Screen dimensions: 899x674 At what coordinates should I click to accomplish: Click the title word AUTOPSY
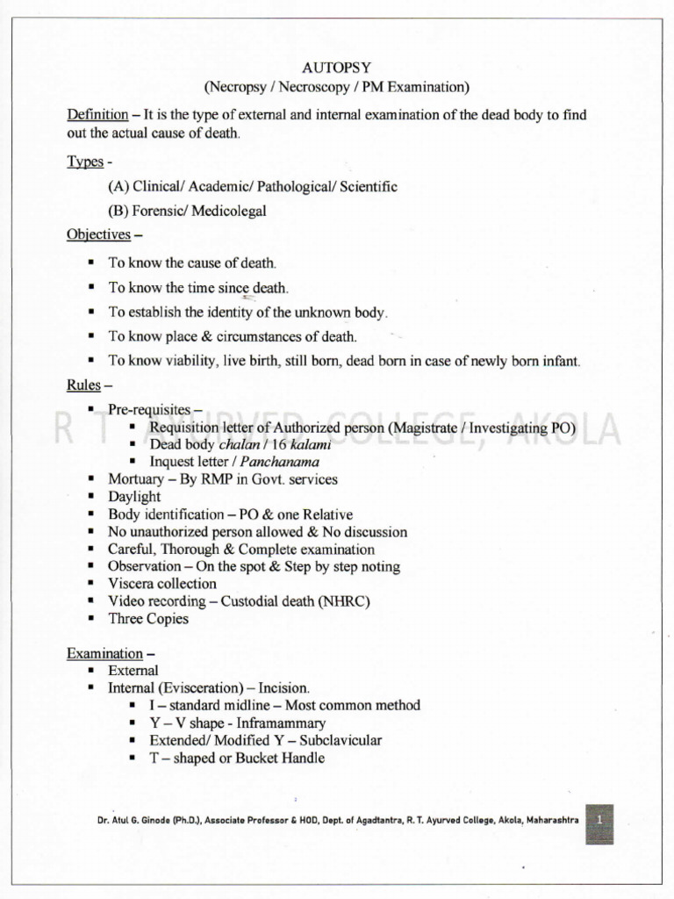[x=337, y=68]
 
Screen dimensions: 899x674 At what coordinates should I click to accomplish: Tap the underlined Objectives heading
[x=98, y=234]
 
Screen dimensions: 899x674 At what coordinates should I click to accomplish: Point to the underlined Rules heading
[x=83, y=385]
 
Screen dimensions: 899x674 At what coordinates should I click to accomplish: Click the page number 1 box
[x=599, y=818]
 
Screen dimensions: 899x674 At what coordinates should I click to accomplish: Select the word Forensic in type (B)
[x=158, y=211]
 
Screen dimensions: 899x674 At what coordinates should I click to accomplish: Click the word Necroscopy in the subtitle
[x=314, y=87]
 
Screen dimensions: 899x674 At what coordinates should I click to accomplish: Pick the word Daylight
[x=134, y=497]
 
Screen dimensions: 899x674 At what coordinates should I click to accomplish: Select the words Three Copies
[x=147, y=619]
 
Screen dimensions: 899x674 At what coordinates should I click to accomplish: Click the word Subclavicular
[x=341, y=740]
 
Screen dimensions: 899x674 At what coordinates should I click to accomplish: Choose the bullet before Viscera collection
[x=91, y=584]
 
